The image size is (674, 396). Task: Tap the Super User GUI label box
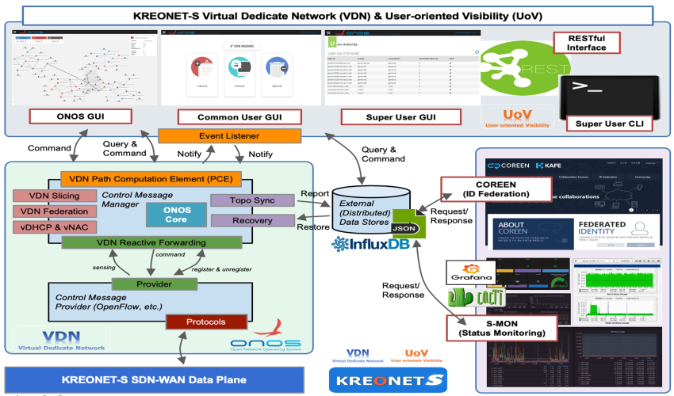click(400, 117)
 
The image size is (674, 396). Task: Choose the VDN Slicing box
click(49, 195)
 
